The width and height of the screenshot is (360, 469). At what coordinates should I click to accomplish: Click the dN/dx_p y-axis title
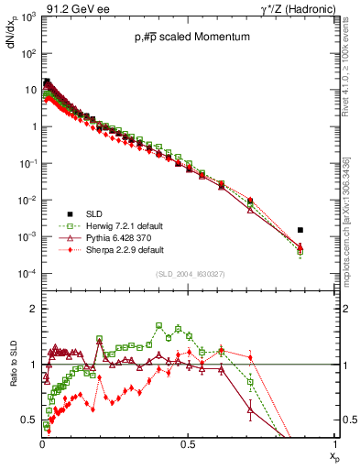(13, 37)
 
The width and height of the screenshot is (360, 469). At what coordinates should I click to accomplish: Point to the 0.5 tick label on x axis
(188, 445)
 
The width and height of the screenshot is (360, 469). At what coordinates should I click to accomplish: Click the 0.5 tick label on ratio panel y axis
(29, 420)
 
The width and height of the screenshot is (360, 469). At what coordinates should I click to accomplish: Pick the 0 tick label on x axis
(42, 445)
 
